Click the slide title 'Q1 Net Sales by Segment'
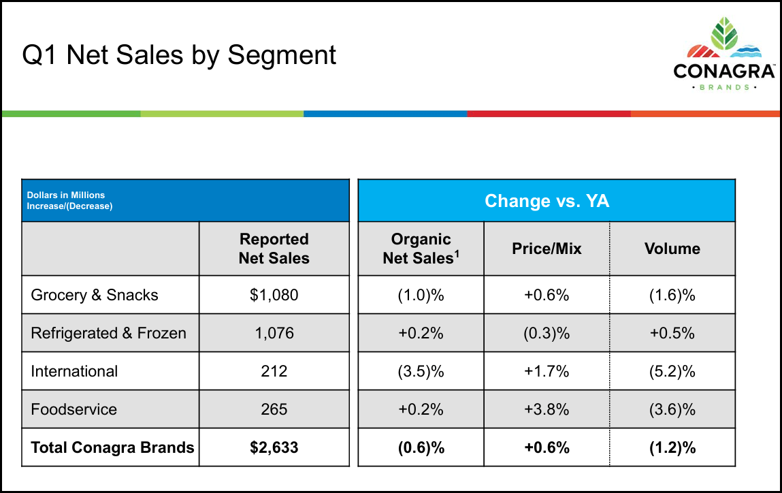tap(179, 54)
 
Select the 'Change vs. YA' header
tap(547, 201)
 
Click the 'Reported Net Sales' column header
tap(274, 249)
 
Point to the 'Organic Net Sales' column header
tap(421, 249)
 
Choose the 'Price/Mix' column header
tap(547, 249)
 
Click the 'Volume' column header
tap(672, 249)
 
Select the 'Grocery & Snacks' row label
tap(95, 295)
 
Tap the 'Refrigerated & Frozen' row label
tap(108, 333)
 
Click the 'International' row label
tap(74, 371)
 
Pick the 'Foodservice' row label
tap(74, 409)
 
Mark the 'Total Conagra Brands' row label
tap(112, 447)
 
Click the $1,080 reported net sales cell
tap(274, 295)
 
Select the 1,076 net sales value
tap(274, 333)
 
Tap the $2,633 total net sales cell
tap(274, 447)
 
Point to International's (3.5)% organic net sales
tap(421, 371)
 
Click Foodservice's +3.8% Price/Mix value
tap(547, 409)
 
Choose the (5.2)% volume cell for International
tap(672, 371)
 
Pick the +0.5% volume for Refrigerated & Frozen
tap(672, 333)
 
